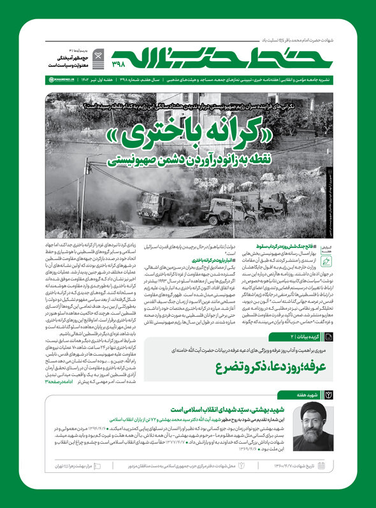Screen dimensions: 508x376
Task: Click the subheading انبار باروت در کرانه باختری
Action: click(x=198, y=261)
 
